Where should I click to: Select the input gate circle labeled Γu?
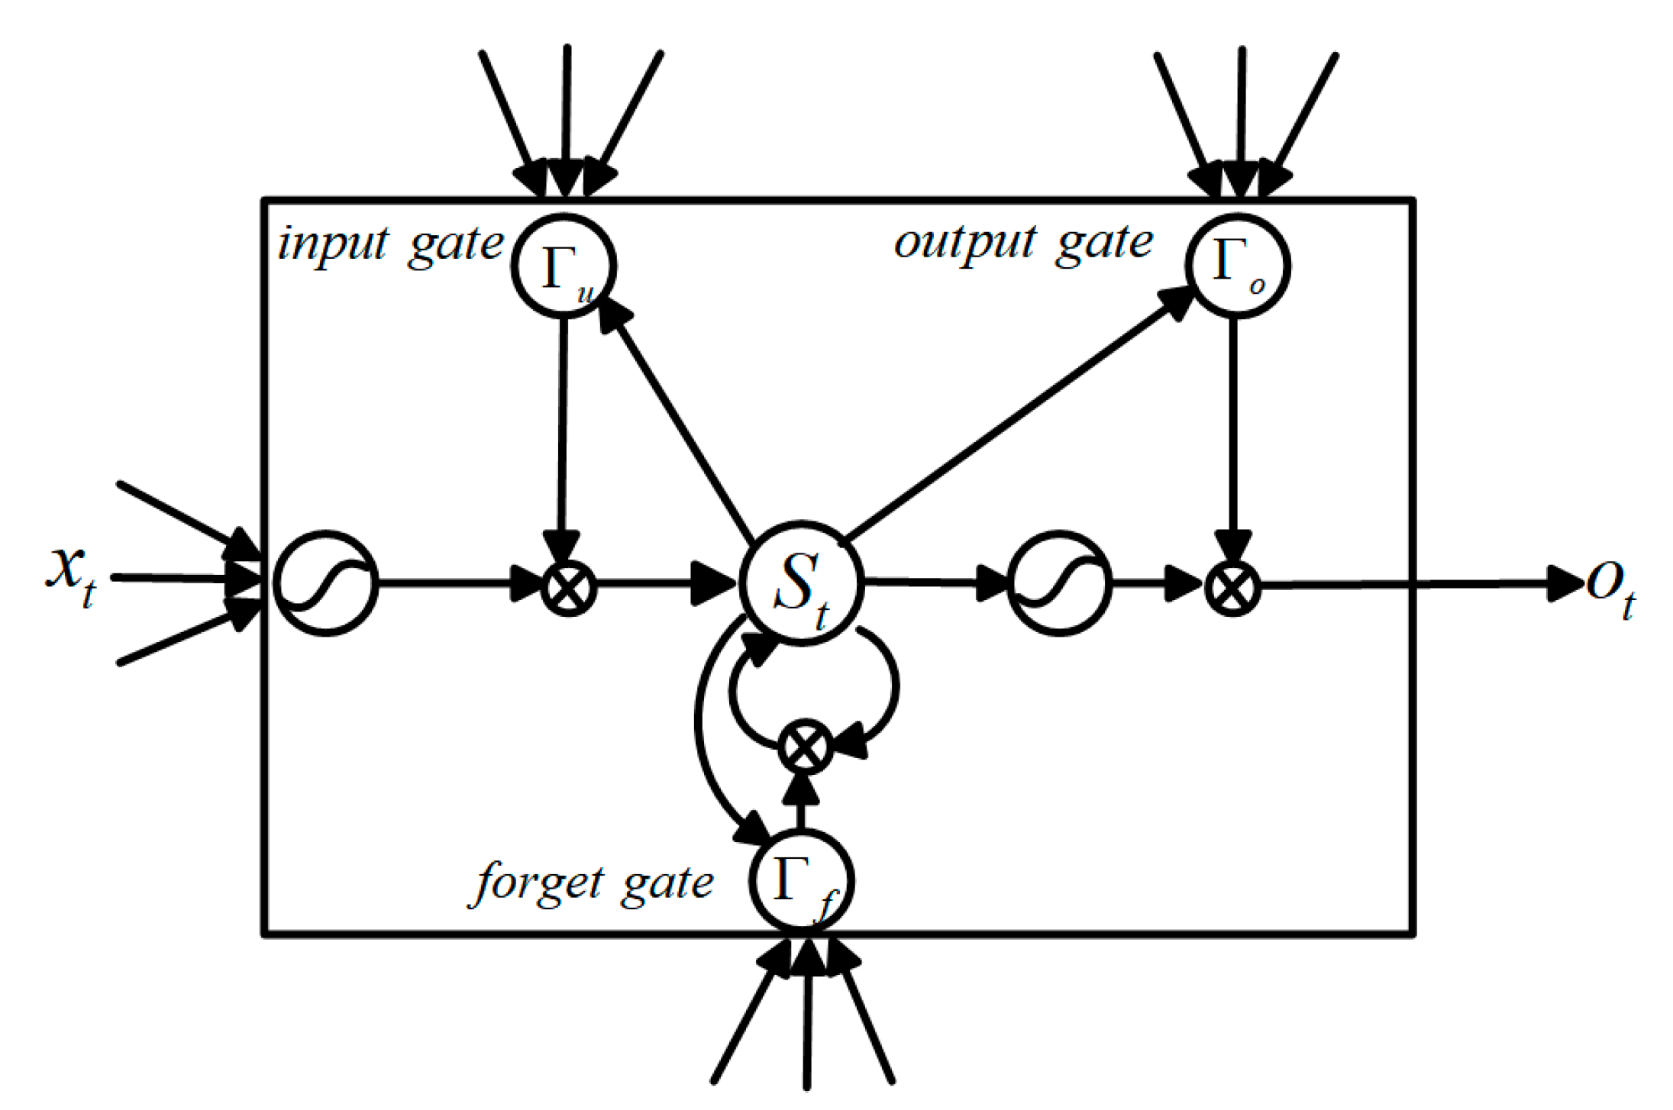tap(564, 266)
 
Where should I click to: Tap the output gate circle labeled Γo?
tap(1238, 265)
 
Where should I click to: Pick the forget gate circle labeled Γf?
tap(801, 879)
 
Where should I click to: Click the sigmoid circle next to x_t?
tap(326, 583)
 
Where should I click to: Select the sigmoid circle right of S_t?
tap(1059, 583)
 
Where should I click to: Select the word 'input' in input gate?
tap(333, 244)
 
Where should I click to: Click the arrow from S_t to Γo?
tap(1016, 416)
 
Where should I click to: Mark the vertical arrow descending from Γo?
tap(1232, 428)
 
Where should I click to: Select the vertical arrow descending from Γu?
tap(563, 428)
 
